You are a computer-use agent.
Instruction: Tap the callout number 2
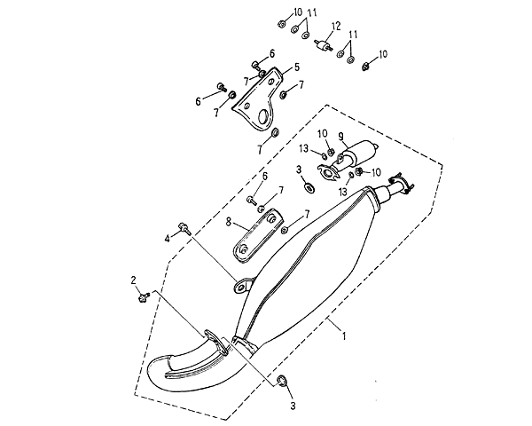point(135,281)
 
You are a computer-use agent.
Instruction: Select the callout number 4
point(167,238)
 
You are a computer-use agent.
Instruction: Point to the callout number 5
point(297,67)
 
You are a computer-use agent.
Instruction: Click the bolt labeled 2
point(143,297)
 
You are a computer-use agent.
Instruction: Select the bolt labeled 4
point(184,228)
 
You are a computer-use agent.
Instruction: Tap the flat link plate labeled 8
point(255,233)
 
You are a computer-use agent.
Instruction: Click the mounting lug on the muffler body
point(240,285)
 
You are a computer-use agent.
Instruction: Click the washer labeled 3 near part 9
point(308,187)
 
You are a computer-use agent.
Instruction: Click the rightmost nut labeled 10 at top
point(366,65)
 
